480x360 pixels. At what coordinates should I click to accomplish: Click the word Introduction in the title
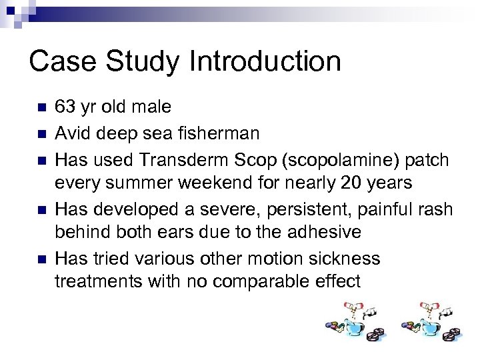pos(265,61)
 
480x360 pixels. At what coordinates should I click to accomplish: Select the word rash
pos(436,209)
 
